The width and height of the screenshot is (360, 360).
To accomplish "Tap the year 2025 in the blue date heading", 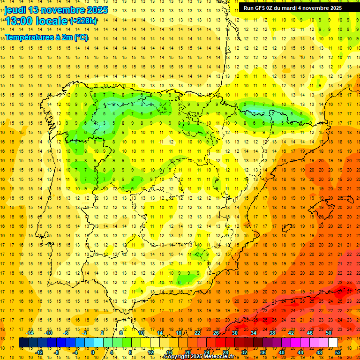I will point(97,10).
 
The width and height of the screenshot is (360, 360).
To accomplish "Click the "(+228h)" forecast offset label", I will point(83,21).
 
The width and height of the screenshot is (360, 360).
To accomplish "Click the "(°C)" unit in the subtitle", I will point(80,37).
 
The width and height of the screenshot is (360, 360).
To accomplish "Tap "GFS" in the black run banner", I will point(261,8).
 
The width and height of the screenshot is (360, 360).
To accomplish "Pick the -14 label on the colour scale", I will point(30,333).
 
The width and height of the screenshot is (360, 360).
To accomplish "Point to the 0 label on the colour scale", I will point(93,352).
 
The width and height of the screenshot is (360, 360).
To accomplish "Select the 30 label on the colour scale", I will point(234,333).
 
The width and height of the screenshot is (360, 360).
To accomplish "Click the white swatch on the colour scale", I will point(333,343).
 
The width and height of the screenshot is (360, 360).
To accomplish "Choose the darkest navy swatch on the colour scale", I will point(23,343).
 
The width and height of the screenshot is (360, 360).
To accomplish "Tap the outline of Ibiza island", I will point(287,228).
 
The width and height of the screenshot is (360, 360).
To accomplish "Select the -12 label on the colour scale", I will point(39,352).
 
